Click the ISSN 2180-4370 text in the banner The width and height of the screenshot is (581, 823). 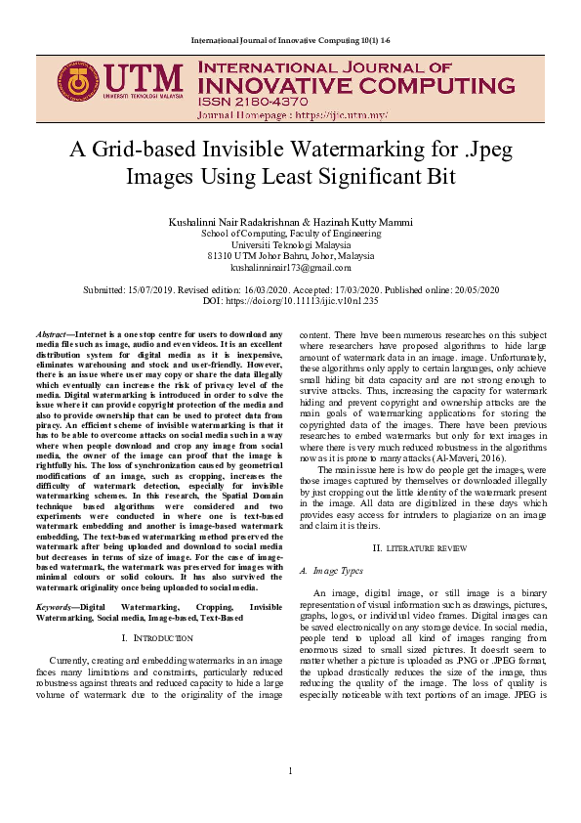(246, 100)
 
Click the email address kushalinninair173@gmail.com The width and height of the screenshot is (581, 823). (290, 267)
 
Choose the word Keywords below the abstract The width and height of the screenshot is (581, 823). (55, 607)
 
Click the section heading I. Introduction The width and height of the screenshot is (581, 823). (159, 637)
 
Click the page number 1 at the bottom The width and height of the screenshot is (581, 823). (290, 772)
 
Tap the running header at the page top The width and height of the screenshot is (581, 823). (290, 38)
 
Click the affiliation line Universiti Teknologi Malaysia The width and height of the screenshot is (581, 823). (290, 244)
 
